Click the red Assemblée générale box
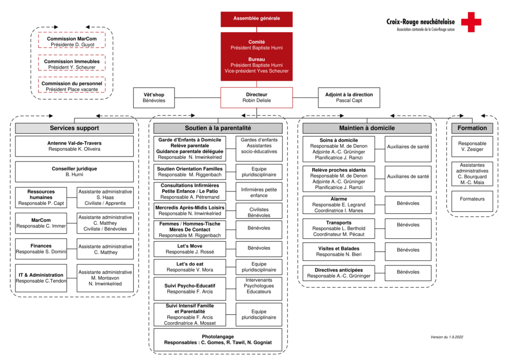coord(256,18)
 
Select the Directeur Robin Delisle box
coord(256,97)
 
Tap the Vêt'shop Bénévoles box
coord(154,97)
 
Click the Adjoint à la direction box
coord(349,97)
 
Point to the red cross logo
coord(471,22)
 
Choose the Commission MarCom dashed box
coord(72,42)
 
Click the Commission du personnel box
coord(72,86)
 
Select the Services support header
coord(74,128)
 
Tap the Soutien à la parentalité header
coord(218,128)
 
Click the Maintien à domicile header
coord(367,128)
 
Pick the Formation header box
coord(472,128)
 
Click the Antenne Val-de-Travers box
coord(74,146)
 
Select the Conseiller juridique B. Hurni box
coord(74,172)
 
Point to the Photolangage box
coord(218,340)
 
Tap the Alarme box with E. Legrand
coord(339,205)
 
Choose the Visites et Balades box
coord(339,251)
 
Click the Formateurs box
coord(472,199)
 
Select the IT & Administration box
coord(45,278)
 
